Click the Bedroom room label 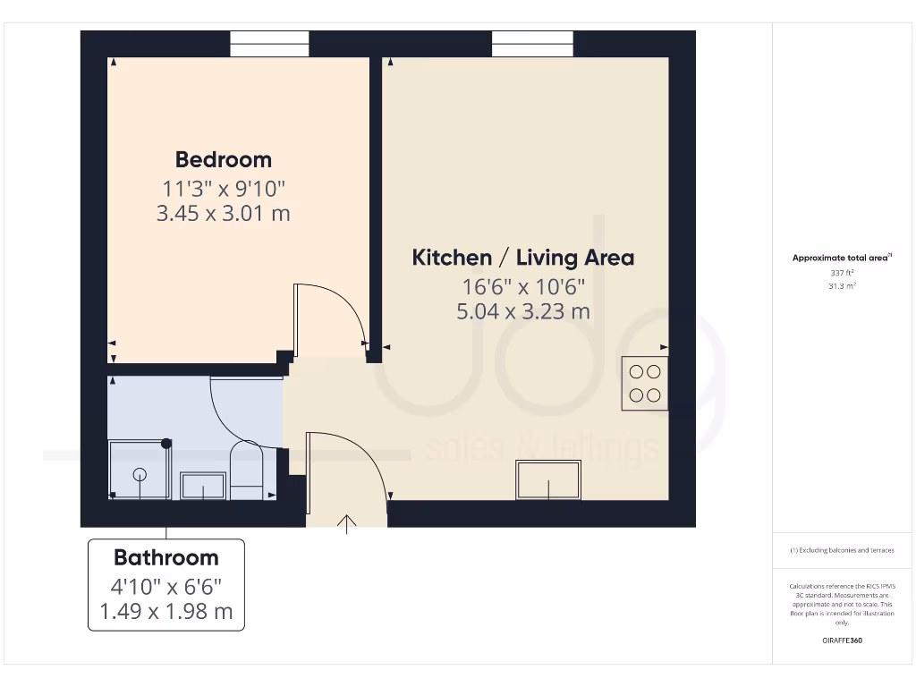(223, 160)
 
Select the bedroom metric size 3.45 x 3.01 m (223, 214)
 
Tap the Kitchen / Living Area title (522, 258)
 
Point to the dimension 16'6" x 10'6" (522, 287)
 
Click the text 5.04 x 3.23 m (522, 311)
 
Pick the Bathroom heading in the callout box (165, 558)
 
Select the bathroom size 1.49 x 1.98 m (165, 612)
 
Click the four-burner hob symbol (645, 383)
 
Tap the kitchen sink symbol (547, 480)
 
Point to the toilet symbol (246, 470)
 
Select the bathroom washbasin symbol (202, 486)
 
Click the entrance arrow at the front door (346, 524)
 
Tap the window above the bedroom (269, 45)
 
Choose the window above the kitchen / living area (532, 45)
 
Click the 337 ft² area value (841, 273)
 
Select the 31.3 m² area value (841, 286)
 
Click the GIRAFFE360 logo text (841, 640)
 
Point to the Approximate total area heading (841, 258)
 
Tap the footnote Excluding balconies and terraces (841, 550)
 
